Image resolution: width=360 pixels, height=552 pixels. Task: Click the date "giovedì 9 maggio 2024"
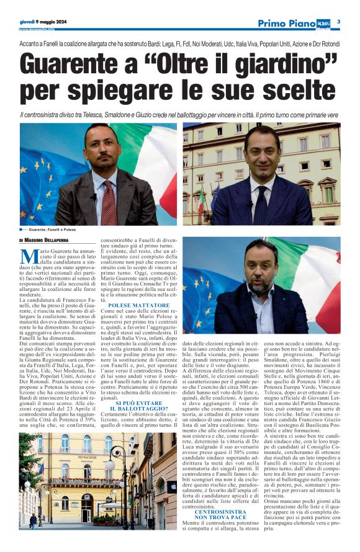(x=43, y=21)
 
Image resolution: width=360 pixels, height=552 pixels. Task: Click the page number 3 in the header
(x=339, y=22)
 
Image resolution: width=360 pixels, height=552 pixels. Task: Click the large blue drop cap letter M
(x=27, y=256)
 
